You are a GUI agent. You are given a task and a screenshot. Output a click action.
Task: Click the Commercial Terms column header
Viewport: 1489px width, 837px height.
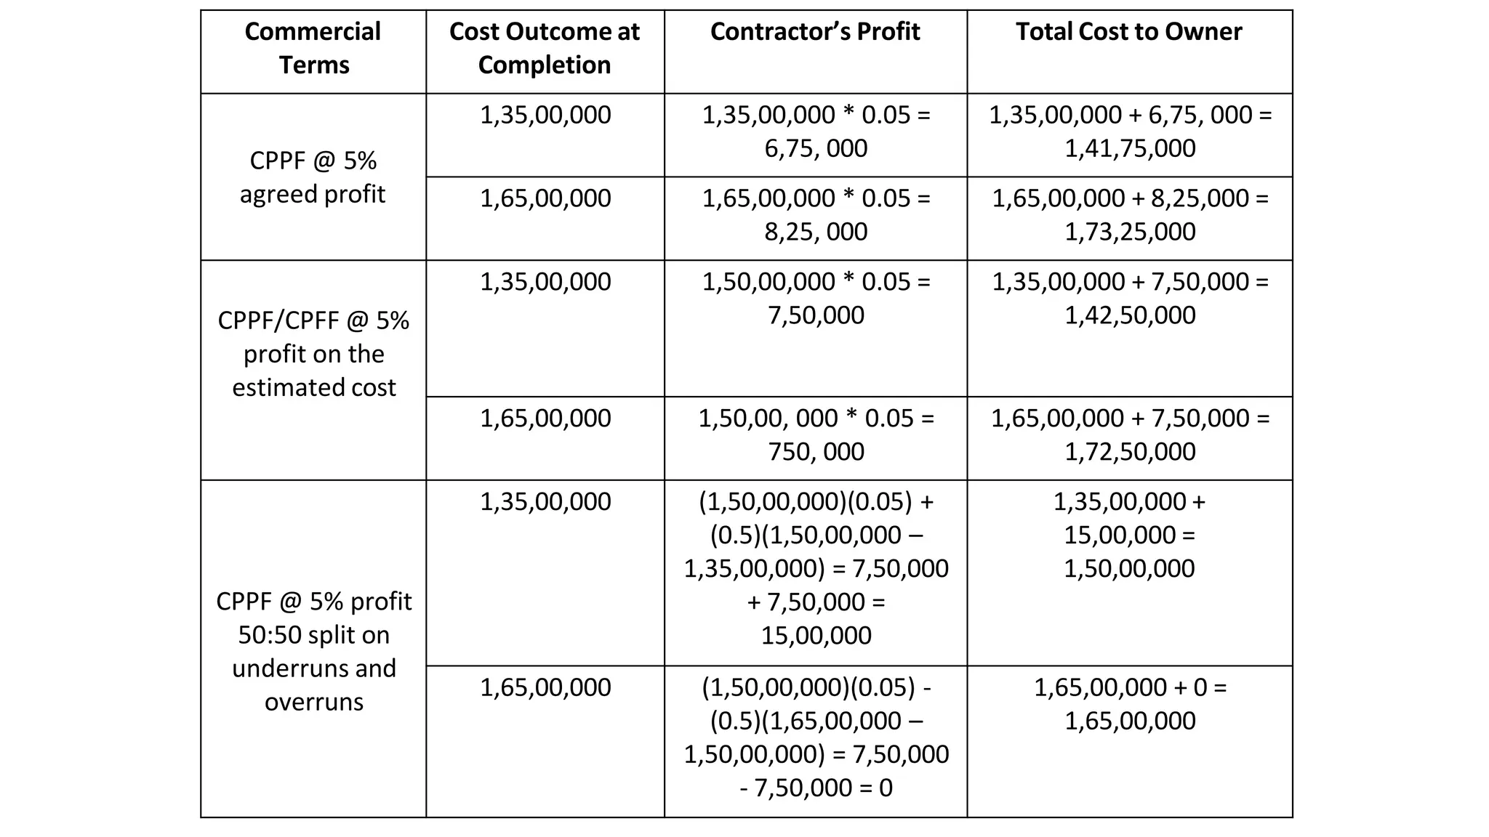[313, 48]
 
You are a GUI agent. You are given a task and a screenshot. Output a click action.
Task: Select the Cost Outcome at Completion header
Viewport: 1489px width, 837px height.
[545, 48]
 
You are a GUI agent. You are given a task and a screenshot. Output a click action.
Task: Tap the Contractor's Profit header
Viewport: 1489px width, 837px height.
[815, 32]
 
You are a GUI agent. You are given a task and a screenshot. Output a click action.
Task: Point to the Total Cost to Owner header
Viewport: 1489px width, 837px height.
[1128, 32]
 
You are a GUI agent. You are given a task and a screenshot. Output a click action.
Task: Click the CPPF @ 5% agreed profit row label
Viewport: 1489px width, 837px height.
[313, 177]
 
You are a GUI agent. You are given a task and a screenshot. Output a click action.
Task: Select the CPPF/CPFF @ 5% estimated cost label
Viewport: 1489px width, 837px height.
[313, 354]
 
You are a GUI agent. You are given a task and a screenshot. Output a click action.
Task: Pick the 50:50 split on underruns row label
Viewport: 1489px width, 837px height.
[313, 651]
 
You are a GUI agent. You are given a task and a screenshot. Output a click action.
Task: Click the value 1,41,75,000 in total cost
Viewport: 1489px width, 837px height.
[1130, 148]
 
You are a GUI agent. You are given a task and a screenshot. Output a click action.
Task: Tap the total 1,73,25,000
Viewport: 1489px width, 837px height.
[1130, 232]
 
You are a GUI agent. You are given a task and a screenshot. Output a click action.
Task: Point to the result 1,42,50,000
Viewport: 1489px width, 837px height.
[1130, 315]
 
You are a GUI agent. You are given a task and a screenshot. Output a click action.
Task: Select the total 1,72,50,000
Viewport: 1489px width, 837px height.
[1130, 452]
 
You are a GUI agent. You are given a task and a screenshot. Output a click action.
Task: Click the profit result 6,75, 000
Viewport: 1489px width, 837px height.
[816, 148]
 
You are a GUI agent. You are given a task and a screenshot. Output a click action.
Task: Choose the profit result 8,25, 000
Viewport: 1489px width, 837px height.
[816, 232]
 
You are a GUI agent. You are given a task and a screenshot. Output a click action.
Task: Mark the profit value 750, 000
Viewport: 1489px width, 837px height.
[816, 452]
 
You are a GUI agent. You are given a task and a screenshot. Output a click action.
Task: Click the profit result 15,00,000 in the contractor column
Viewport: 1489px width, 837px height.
[816, 636]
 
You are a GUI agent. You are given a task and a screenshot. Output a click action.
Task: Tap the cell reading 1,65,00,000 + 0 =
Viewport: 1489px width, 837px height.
[1130, 687]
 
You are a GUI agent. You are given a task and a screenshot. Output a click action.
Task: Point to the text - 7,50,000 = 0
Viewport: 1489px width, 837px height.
[816, 788]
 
